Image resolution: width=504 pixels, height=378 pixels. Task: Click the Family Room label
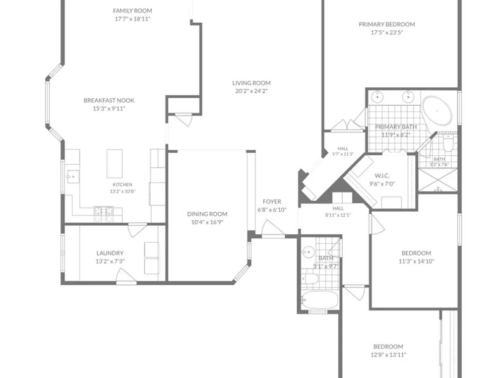pyautogui.click(x=133, y=11)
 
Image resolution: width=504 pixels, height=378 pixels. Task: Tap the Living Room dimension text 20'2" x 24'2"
pyautogui.click(x=251, y=91)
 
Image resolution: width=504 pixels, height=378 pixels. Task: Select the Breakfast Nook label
pyautogui.click(x=109, y=100)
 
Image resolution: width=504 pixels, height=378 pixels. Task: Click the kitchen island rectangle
pyautogui.click(x=115, y=163)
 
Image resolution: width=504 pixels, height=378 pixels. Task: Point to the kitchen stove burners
pyautogui.click(x=103, y=211)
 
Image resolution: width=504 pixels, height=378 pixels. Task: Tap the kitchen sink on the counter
pyautogui.click(x=73, y=177)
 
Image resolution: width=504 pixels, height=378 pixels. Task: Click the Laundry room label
pyautogui.click(x=110, y=253)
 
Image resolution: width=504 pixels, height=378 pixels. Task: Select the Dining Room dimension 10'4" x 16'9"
pyautogui.click(x=207, y=222)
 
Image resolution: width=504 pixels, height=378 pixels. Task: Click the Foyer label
pyautogui.click(x=272, y=202)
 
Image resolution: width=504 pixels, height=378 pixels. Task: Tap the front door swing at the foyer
pyautogui.click(x=273, y=229)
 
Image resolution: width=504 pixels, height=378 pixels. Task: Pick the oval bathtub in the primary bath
pyautogui.click(x=437, y=111)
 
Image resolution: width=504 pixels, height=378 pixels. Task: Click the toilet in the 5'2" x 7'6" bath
pyautogui.click(x=448, y=143)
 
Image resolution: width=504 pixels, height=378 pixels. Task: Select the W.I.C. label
pyautogui.click(x=382, y=176)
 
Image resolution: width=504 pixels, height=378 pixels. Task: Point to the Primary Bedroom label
pyautogui.click(x=387, y=24)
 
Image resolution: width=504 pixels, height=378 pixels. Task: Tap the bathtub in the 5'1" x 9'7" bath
pyautogui.click(x=321, y=299)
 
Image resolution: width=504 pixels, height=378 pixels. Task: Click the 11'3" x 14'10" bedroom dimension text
pyautogui.click(x=416, y=261)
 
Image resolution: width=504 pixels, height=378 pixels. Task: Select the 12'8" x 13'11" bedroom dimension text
pyautogui.click(x=388, y=355)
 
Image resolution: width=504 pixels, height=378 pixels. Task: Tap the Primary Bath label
pyautogui.click(x=396, y=127)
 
